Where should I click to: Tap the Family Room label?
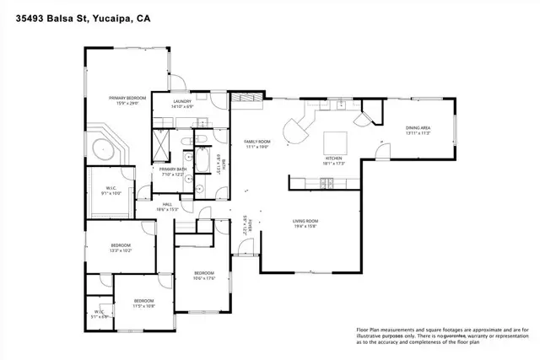coord(256,142)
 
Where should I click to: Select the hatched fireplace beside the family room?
coord(250,99)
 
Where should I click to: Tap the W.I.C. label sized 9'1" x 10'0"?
coord(111,191)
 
